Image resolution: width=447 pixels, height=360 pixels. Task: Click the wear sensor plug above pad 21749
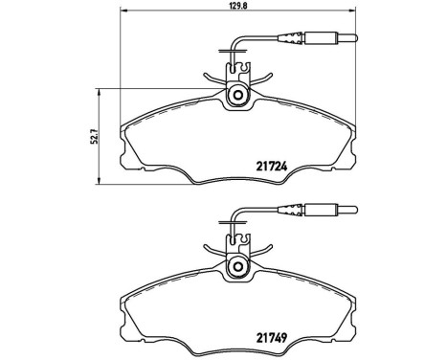coord(323,212)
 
